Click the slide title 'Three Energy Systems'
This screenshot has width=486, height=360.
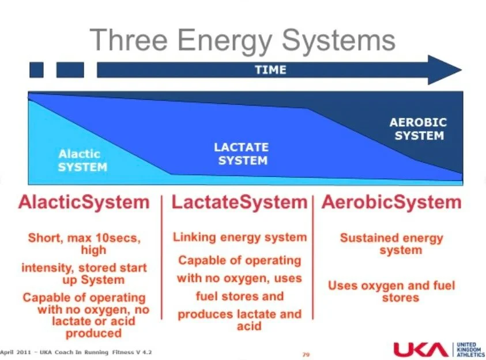click(243, 40)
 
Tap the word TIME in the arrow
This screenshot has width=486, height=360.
click(270, 70)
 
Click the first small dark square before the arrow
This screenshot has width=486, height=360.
click(36, 70)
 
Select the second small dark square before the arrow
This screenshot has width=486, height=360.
click(70, 70)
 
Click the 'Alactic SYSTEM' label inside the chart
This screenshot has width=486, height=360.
click(82, 160)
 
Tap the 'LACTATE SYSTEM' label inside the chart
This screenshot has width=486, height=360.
click(242, 153)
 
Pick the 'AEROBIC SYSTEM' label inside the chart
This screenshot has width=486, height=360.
click(418, 129)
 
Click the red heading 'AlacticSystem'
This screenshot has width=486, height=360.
click(84, 202)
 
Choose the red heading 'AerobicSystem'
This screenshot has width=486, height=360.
click(391, 202)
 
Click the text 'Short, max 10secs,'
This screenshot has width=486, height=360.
click(84, 237)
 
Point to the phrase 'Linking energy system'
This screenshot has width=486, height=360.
click(240, 237)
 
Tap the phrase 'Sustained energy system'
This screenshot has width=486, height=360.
click(391, 243)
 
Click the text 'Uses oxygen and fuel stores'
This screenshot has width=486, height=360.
click(391, 291)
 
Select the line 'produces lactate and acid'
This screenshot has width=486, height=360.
click(240, 320)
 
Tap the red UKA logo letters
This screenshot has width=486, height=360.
click(420, 349)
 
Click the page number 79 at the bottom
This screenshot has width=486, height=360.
click(306, 353)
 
